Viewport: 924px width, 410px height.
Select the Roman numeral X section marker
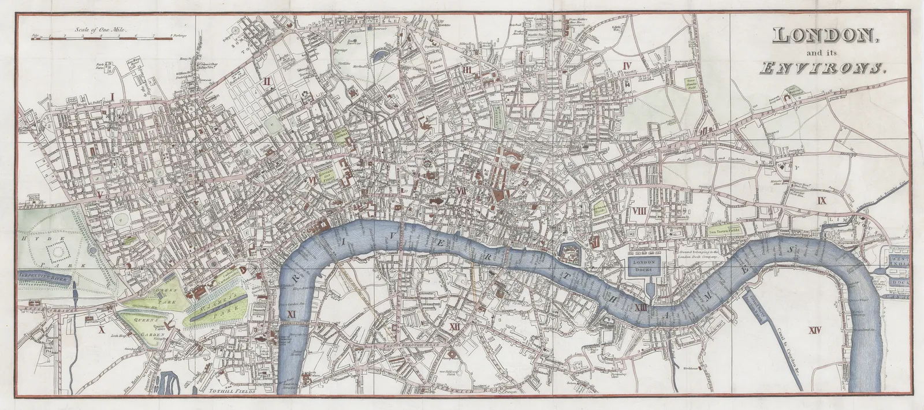[x=102, y=331]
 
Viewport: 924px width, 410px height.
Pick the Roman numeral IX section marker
[x=822, y=200]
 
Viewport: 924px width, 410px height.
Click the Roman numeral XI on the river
[x=291, y=314]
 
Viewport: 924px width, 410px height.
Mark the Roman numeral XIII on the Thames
[x=640, y=308]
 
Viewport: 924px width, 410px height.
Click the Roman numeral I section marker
[x=113, y=96]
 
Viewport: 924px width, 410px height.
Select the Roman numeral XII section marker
[x=457, y=327]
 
